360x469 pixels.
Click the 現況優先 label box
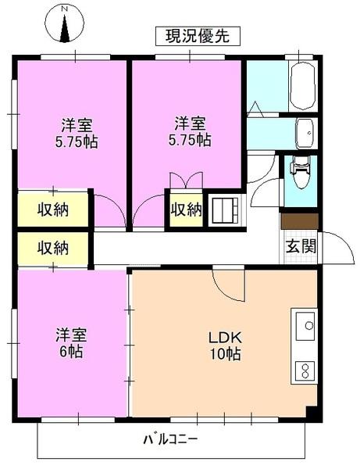(x=197, y=35)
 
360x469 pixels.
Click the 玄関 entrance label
(x=300, y=247)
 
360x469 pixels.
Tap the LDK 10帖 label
(x=224, y=346)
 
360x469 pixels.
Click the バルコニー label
(x=169, y=439)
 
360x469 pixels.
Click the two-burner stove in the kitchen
(x=304, y=369)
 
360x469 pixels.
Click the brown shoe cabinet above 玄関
(x=300, y=221)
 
